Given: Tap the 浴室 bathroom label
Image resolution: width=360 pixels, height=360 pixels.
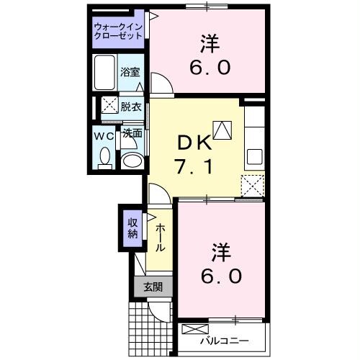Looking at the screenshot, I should pos(131,73).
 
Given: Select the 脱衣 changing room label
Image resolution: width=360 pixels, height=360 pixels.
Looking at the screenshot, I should pos(131,107).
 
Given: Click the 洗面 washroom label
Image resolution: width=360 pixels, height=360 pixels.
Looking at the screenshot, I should pos(132,134).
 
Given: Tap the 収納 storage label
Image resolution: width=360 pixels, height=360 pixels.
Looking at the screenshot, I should pos(133,228).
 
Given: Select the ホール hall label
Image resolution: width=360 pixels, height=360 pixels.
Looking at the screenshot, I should pos(160,235).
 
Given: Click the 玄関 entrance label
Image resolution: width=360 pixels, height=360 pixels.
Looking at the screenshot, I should pos(153,287).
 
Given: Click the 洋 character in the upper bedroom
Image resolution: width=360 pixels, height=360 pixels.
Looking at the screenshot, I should pos(211,43).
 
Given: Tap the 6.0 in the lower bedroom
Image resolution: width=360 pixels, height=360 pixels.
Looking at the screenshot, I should pos(221,275).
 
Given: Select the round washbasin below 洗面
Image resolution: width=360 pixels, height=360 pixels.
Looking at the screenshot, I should pos(132,159).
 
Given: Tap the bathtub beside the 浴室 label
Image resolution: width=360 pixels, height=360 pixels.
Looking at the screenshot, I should pos(105,72).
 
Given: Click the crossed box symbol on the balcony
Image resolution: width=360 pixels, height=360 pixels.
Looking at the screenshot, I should pos(194,330).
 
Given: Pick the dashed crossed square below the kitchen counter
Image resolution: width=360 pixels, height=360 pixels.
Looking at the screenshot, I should pos(253,185).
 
